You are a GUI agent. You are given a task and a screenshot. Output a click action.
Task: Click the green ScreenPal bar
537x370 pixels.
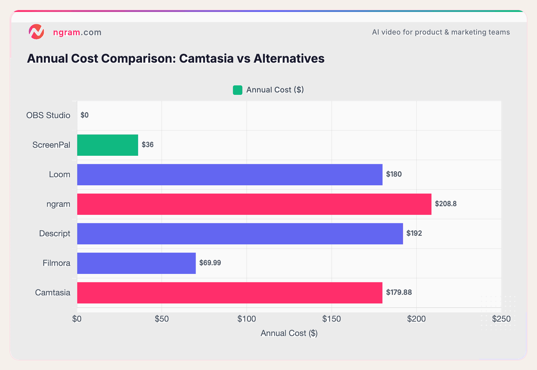pos(107,145)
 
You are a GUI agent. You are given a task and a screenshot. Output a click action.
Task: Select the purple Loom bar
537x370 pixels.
pos(230,175)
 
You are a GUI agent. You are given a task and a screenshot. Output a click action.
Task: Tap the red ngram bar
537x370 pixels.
pos(254,204)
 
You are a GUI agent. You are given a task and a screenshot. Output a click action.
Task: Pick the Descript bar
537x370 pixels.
pos(240,234)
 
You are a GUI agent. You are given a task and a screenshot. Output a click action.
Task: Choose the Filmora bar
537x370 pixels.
pos(136,263)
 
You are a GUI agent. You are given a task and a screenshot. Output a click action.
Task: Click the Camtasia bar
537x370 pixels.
pos(230,293)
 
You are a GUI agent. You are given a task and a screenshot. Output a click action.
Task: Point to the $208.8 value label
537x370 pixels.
pos(446,204)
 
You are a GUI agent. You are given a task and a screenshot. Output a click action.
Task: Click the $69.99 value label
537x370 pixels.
pos(210,263)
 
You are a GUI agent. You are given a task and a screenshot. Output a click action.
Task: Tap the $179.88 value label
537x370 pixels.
pos(399,292)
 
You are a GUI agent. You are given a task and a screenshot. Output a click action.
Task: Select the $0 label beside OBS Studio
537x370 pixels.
pos(84,115)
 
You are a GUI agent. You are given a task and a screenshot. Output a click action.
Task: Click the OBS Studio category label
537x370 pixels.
pos(48,115)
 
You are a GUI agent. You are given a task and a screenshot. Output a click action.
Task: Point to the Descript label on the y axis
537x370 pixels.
pos(55,233)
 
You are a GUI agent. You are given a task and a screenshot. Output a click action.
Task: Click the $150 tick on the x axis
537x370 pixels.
pos(331,319)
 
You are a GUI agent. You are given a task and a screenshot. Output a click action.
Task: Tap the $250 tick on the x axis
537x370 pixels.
pos(501,319)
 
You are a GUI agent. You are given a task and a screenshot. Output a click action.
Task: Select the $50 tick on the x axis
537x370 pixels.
pos(162,319)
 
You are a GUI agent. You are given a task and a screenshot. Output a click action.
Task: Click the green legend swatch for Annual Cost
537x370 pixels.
pos(237,90)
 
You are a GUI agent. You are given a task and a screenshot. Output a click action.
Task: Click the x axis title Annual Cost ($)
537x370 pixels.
pos(289,333)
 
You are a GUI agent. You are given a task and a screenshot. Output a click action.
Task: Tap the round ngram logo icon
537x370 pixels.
pos(36,32)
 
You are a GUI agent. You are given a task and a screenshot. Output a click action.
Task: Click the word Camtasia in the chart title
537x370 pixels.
pos(206,58)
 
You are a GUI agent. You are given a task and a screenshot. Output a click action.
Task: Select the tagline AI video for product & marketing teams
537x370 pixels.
pos(441,32)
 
